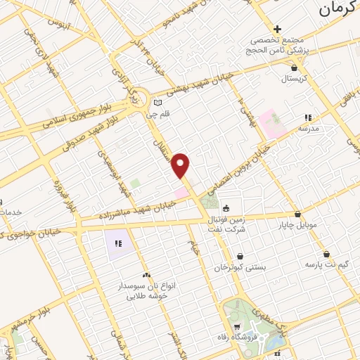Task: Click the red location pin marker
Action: pos(181,165)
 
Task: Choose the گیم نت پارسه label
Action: pos(327,265)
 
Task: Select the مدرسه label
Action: pos(308,129)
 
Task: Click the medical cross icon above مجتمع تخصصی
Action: pos(277,29)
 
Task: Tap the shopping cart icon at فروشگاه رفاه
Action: pos(238,327)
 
